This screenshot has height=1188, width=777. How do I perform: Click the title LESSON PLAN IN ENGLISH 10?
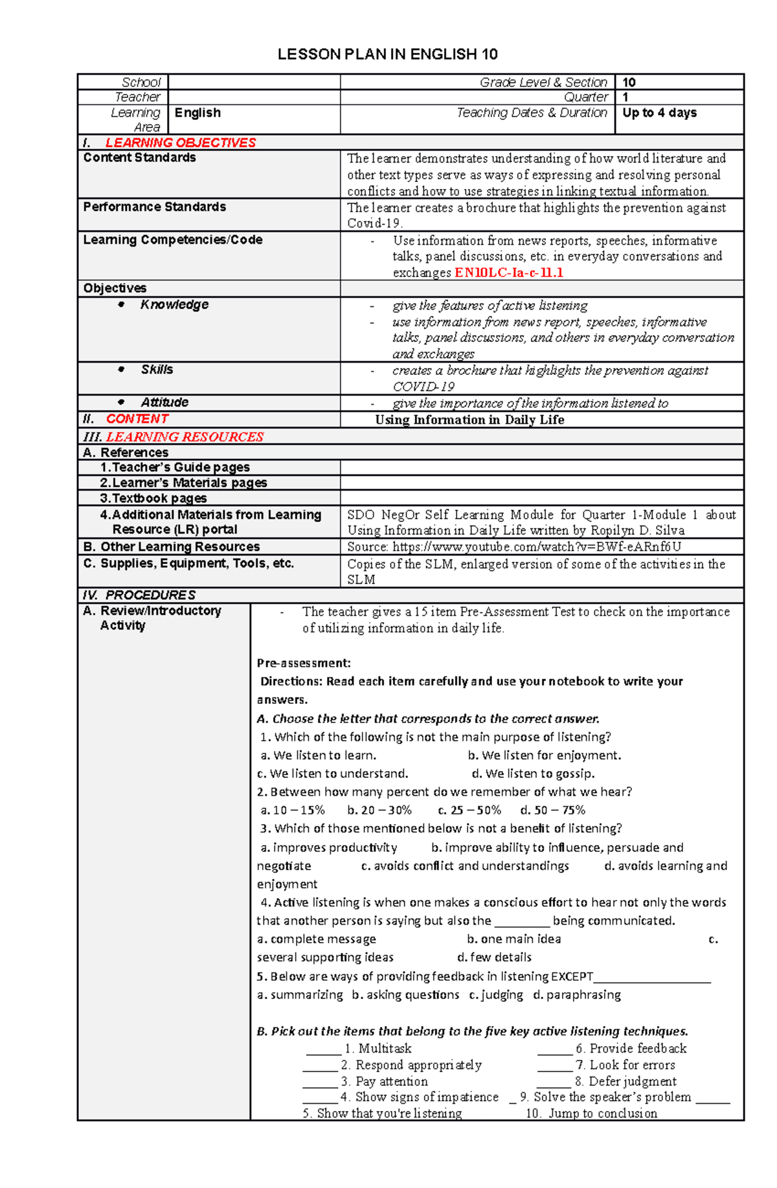387,54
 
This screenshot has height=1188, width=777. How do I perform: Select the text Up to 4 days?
659,113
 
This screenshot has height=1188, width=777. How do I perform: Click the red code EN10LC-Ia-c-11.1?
509,273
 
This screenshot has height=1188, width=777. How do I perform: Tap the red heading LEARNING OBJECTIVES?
181,142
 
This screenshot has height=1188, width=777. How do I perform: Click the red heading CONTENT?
137,419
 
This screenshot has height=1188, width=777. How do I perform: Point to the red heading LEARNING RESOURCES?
185,437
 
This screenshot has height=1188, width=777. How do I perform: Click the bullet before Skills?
121,370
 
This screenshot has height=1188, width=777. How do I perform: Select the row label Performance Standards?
154,207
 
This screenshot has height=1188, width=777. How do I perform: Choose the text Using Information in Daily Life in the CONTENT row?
469,420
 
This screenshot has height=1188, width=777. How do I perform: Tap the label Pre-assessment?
303,663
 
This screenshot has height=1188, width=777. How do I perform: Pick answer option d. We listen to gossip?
533,773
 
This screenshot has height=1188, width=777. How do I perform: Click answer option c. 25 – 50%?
469,810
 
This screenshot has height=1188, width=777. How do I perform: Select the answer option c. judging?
496,994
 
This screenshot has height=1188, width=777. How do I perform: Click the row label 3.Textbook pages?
153,498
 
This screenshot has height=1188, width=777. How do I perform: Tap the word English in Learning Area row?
197,113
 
